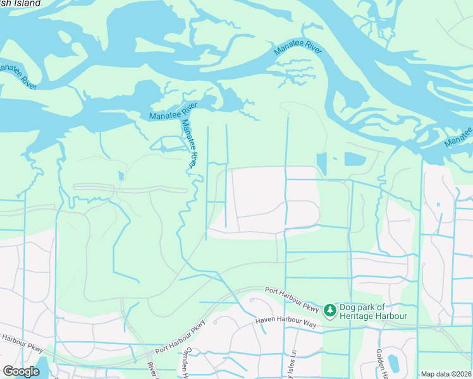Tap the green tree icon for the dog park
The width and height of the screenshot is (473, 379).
(x=329, y=310)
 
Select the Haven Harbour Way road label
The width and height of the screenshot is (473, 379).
(x=285, y=322)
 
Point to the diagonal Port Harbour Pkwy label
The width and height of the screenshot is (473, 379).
(x=181, y=337)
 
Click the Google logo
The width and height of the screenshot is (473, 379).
(x=21, y=371)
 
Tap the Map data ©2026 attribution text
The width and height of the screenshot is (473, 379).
(x=446, y=374)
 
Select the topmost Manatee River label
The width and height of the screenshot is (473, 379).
(x=298, y=48)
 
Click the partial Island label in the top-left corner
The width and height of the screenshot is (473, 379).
(x=20, y=3)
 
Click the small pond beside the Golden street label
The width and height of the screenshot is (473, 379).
(x=392, y=363)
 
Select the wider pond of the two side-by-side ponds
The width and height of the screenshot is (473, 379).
(x=355, y=159)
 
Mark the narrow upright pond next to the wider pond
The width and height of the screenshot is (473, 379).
(x=322, y=164)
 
